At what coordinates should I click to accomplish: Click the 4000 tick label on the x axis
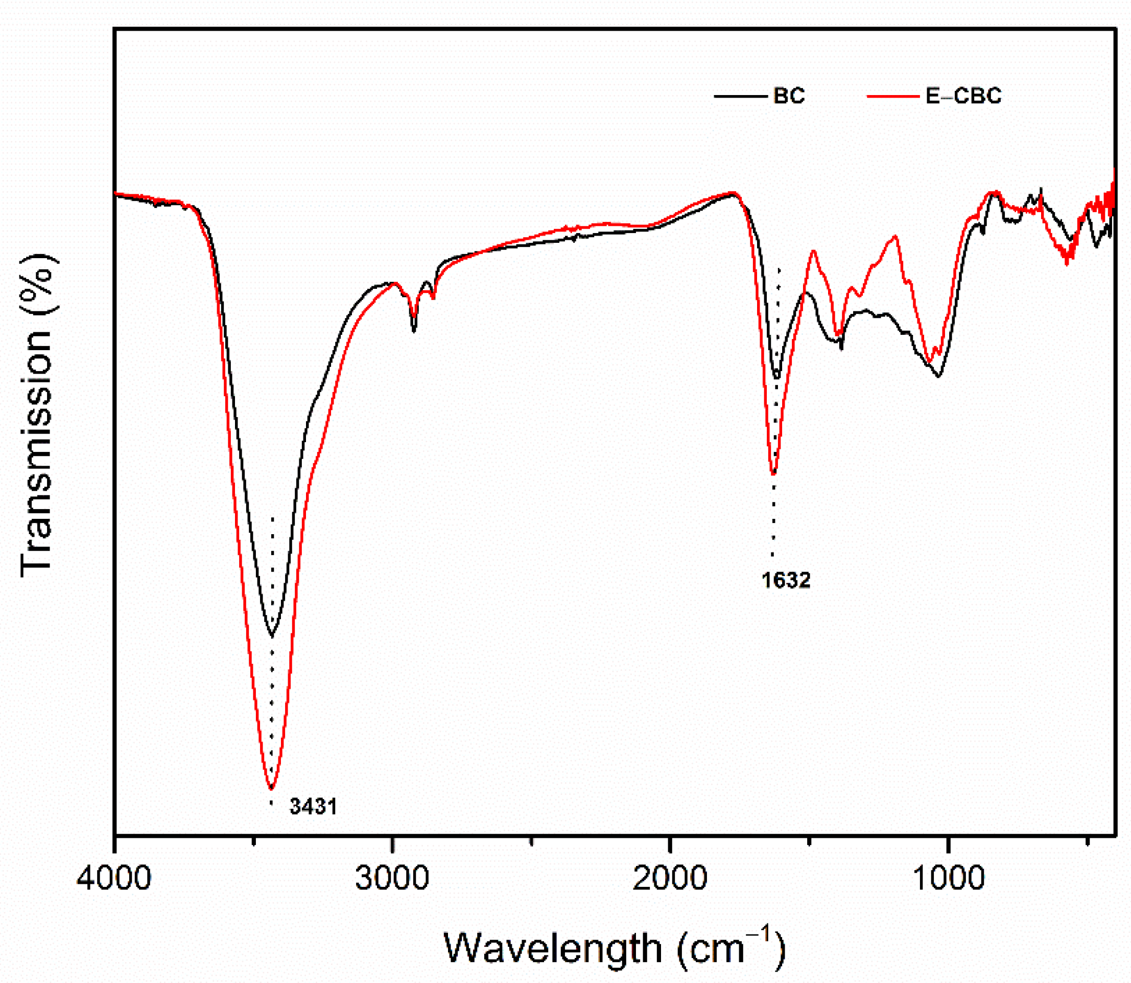[x=114, y=879]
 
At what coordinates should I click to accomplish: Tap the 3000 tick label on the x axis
[x=391, y=879]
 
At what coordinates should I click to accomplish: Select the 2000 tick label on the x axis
[x=669, y=879]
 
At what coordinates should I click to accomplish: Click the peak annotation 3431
[x=313, y=806]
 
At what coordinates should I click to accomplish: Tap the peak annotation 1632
[x=786, y=580]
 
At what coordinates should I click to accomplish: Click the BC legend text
[x=789, y=96]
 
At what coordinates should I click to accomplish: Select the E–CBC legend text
[x=963, y=96]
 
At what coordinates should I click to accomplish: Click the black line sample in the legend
[x=740, y=97]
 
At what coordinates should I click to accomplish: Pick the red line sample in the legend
[x=892, y=97]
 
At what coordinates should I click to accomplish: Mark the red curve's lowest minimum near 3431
[x=271, y=788]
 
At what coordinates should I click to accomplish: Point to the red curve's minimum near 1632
[x=773, y=473]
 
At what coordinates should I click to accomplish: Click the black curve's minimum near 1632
[x=776, y=378]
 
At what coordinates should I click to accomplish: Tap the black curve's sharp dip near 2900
[x=414, y=331]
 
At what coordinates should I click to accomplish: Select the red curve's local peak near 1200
[x=896, y=237]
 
